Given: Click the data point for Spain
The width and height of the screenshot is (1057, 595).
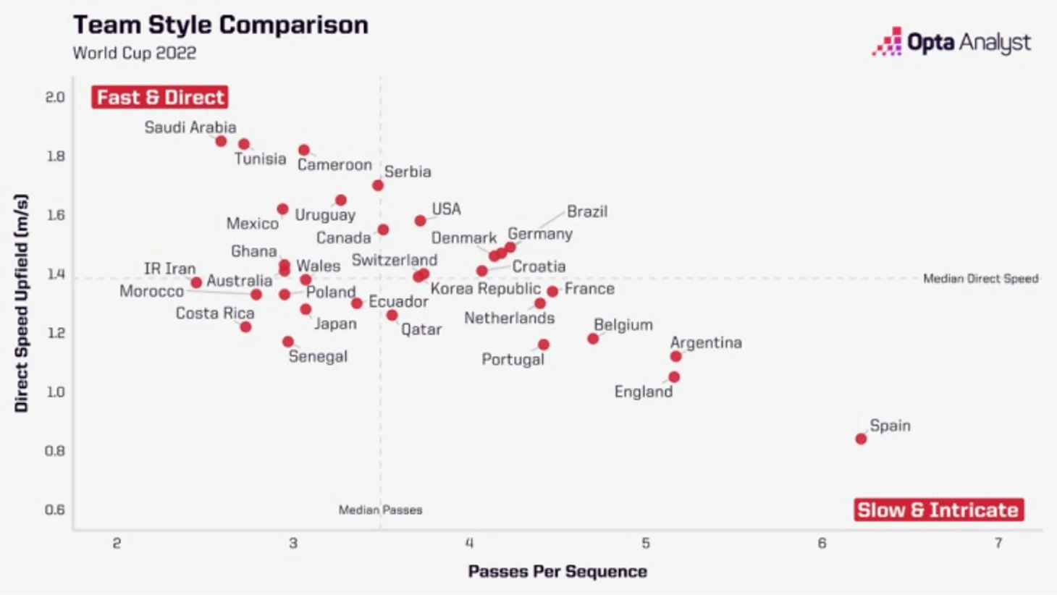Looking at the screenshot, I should (861, 439).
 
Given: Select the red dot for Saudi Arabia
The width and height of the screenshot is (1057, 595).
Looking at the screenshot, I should (221, 141).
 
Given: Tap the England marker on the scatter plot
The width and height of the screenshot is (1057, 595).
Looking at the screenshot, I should (674, 377).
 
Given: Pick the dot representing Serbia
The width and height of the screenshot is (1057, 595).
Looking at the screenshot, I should (378, 185).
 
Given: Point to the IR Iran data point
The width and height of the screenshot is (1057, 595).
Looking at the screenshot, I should (196, 282).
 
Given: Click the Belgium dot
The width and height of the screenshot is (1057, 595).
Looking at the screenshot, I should (593, 339).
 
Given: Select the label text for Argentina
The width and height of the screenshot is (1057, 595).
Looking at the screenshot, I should (706, 342).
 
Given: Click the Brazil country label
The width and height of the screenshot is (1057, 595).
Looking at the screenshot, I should (587, 211).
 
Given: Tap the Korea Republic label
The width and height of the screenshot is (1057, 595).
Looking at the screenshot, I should (485, 289).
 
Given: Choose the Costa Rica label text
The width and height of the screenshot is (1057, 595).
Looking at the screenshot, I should (215, 313).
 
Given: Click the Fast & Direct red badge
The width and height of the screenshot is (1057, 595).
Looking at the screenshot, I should (160, 97).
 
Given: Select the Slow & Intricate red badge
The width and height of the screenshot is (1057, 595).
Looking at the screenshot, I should (938, 510).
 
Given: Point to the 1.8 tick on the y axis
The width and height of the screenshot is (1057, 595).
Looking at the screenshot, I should (55, 156).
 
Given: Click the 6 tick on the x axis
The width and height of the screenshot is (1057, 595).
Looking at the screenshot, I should (822, 544).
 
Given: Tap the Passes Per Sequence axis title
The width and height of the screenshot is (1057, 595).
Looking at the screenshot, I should (557, 571).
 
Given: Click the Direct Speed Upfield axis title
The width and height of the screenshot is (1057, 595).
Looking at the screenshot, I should (21, 303).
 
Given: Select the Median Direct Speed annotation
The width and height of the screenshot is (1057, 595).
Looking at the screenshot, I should (980, 279).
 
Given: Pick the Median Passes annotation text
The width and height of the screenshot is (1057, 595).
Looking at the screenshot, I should (380, 510).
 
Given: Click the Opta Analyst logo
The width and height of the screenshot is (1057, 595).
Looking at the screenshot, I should (951, 43).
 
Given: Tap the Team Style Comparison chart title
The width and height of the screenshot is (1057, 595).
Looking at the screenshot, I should (221, 25).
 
